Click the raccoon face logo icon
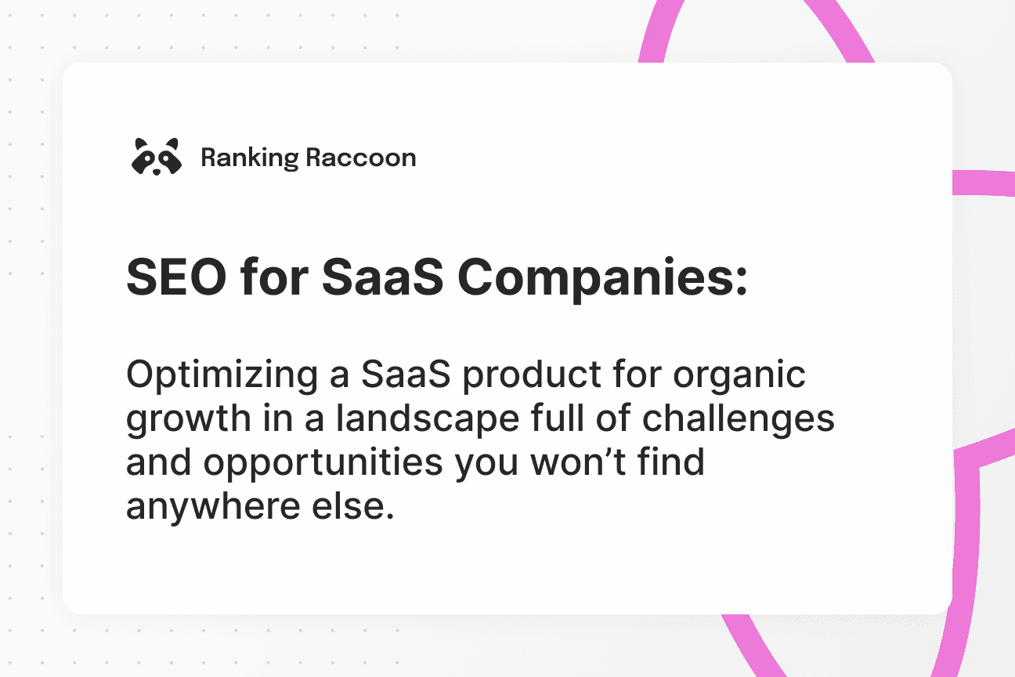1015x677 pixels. [156, 157]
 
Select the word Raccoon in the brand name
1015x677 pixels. [361, 157]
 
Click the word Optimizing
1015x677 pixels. [221, 375]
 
